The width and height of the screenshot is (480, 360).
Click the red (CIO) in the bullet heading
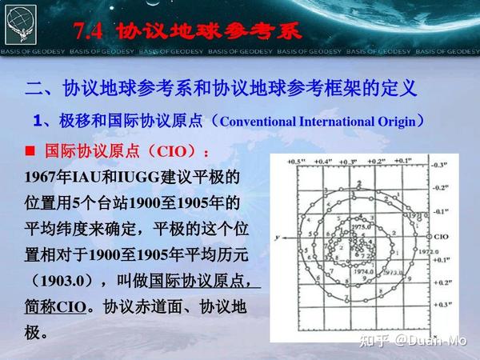(158, 151)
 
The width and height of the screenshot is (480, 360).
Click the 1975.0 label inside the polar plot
(362, 227)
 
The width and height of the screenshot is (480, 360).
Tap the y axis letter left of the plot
(274, 238)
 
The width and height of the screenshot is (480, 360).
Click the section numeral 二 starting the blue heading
(34, 87)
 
